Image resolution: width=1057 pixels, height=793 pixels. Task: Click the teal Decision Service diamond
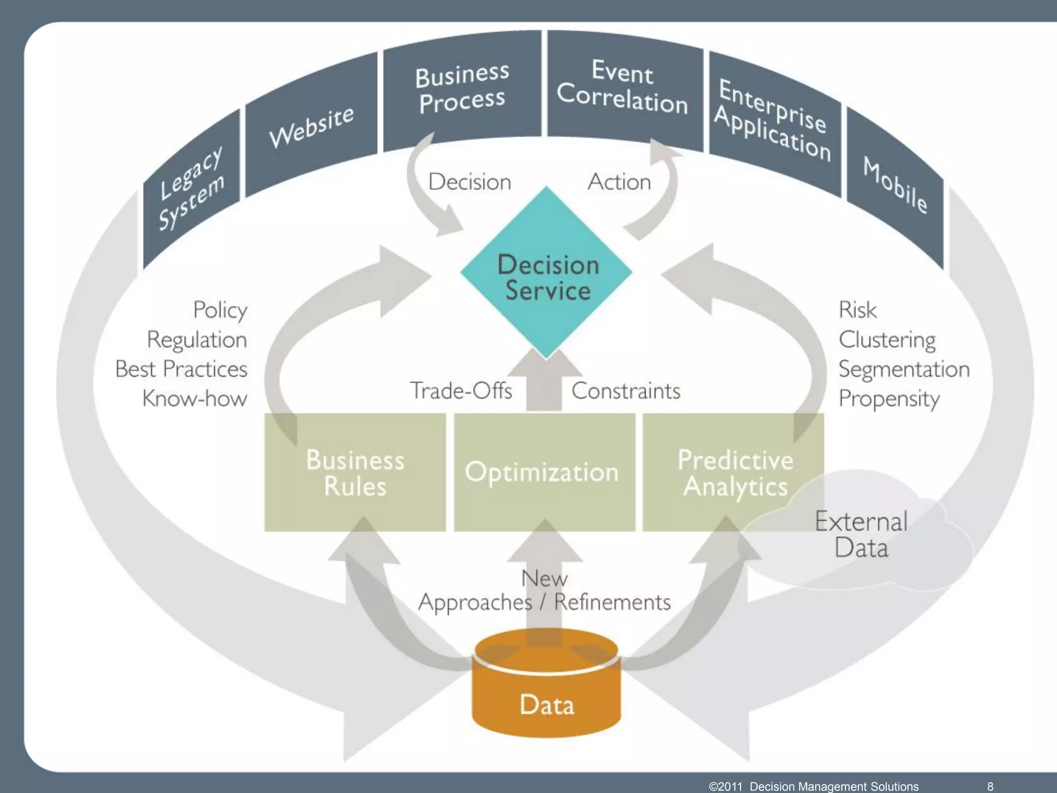point(547,274)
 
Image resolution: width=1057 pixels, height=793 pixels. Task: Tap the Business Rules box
point(355,472)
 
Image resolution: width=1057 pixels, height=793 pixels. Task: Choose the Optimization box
point(544,472)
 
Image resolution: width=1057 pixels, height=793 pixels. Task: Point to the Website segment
point(312,126)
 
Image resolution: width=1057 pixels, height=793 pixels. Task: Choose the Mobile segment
point(896,186)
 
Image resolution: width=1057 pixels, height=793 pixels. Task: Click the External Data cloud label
point(861,534)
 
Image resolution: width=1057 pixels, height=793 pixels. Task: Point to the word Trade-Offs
point(461,391)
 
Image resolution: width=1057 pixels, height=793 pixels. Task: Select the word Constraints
point(626,391)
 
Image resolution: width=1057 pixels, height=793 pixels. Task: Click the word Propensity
point(889,399)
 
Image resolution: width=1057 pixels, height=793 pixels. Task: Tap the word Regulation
point(197,340)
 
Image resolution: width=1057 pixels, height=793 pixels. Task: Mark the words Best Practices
point(181,370)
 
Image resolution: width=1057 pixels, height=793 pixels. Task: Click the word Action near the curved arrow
point(619,182)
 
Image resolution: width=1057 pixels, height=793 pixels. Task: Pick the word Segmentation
point(904,370)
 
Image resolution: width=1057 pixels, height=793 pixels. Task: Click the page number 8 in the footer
point(990,786)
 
